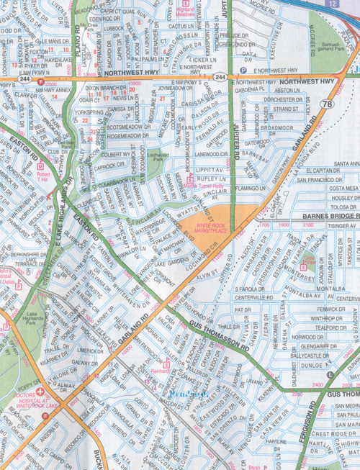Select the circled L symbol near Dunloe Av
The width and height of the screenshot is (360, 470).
(329, 374)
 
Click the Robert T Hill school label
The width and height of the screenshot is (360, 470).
(45, 175)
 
